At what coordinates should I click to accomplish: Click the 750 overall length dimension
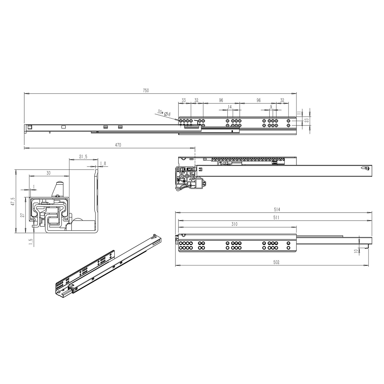146,90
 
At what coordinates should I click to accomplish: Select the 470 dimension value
118,145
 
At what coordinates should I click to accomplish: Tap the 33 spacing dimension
183,100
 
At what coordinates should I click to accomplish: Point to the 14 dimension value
230,107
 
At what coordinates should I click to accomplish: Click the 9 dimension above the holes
271,107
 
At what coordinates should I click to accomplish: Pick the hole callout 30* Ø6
164,113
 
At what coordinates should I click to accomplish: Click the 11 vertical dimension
299,113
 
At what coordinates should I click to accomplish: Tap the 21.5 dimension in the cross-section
83,157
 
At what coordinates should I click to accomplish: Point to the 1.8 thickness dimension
103,163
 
